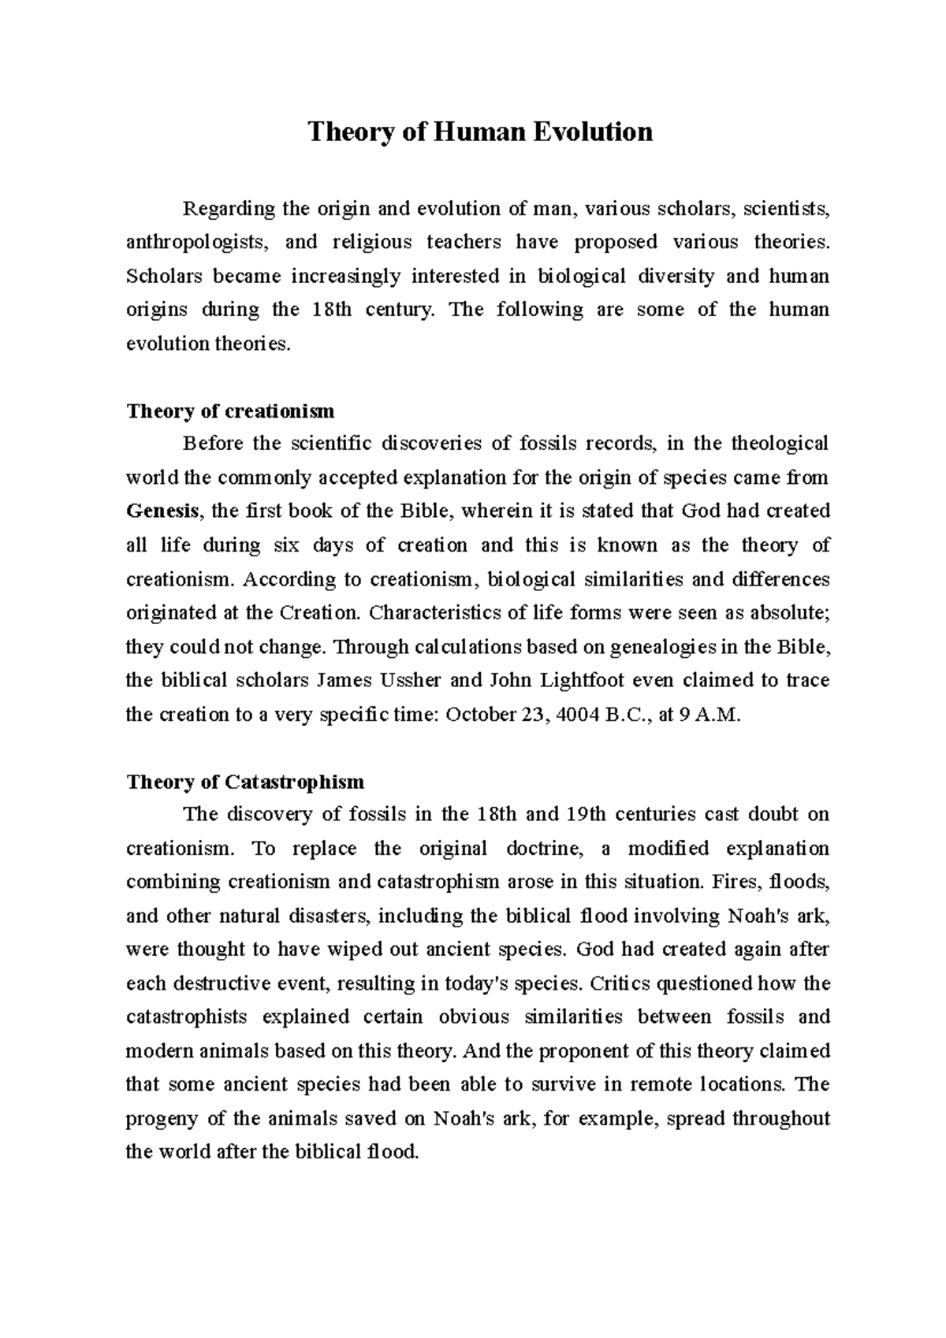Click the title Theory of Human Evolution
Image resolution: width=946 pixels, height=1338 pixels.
pos(480,131)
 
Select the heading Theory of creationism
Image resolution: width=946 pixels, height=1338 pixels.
pos(230,411)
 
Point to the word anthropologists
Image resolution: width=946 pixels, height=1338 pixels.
pos(196,242)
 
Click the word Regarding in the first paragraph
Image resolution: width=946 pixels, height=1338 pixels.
pos(229,209)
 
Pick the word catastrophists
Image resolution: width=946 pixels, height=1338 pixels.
pos(186,1017)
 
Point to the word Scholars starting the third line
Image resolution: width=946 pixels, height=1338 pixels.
pos(165,276)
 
